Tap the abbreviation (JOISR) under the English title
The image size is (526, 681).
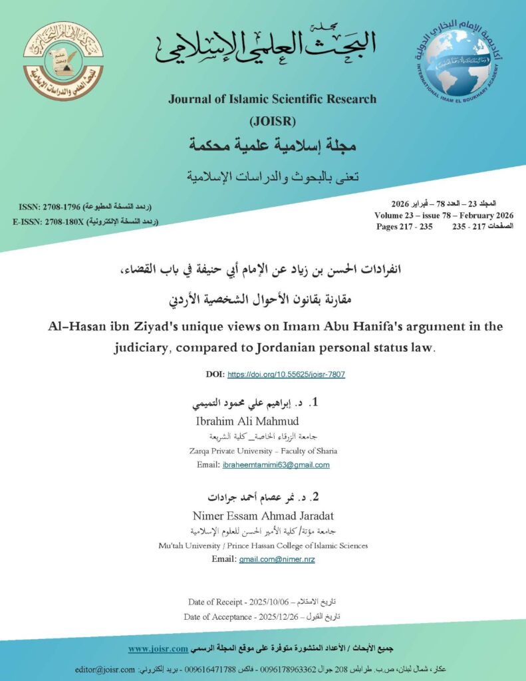click(272, 121)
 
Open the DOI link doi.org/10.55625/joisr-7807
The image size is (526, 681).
click(286, 374)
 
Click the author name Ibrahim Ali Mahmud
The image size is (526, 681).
click(247, 422)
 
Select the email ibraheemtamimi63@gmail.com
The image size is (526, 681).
click(275, 465)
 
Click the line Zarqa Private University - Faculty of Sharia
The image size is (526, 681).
click(263, 450)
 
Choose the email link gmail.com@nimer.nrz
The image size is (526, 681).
click(277, 560)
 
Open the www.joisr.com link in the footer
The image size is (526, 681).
click(158, 648)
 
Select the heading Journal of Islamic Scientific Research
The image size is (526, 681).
click(272, 100)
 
